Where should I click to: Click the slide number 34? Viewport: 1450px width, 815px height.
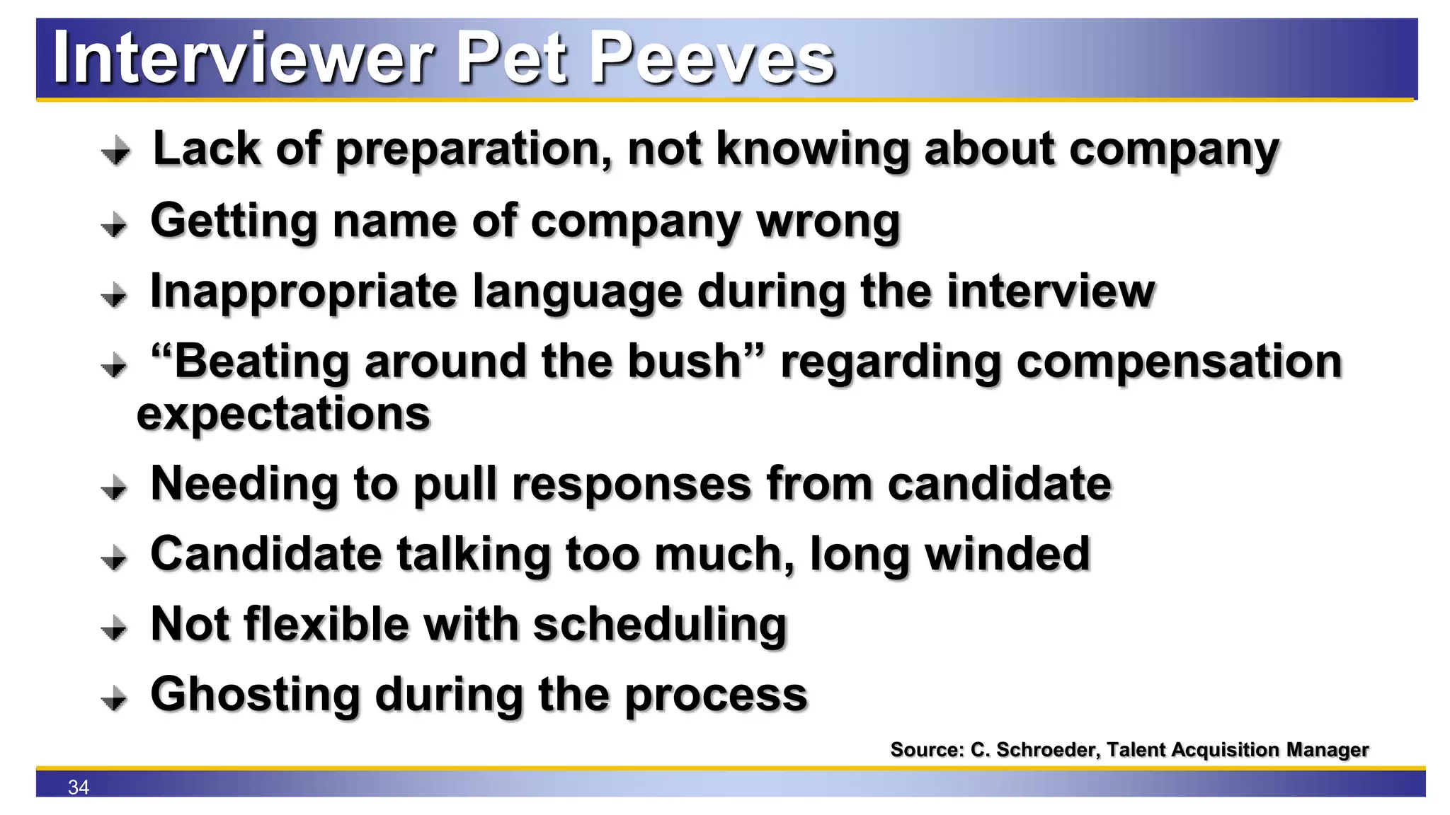click(x=78, y=787)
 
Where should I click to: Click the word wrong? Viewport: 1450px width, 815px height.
click(x=828, y=221)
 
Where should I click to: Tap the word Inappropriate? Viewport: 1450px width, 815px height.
click(x=304, y=292)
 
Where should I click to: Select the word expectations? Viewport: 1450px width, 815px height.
click(x=283, y=414)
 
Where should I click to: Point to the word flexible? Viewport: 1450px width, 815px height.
click(x=326, y=625)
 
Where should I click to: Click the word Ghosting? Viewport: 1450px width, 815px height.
click(x=256, y=695)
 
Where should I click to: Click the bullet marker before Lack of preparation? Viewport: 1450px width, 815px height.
click(x=115, y=151)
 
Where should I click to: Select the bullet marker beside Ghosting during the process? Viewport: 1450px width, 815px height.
click(x=114, y=699)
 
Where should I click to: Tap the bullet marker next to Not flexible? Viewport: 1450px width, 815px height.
click(x=114, y=628)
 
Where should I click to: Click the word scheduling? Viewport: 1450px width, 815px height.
click(x=659, y=626)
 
